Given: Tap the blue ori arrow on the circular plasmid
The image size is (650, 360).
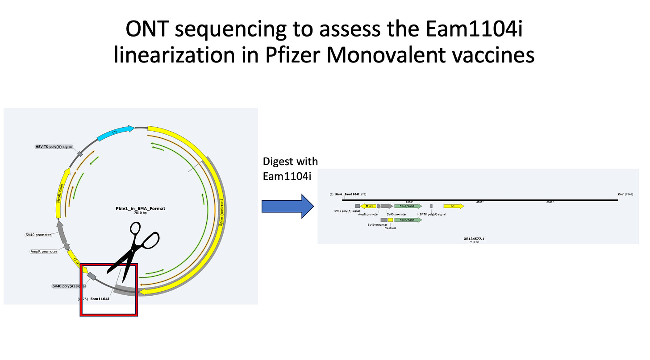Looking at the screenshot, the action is pos(115,132).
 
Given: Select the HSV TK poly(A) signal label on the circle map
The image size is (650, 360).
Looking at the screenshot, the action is pos(53,146).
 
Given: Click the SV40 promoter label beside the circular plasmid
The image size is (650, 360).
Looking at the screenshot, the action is pos(38,235).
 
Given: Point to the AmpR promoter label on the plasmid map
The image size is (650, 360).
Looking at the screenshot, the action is pos(43,251).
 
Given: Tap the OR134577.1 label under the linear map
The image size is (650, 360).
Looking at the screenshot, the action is pos(474,239).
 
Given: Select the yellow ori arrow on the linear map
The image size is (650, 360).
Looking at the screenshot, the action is pos(453,206).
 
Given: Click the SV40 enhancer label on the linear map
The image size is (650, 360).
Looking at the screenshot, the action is pos(377,224).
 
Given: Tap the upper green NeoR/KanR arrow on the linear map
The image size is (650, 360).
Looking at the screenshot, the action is pos(408,206).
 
